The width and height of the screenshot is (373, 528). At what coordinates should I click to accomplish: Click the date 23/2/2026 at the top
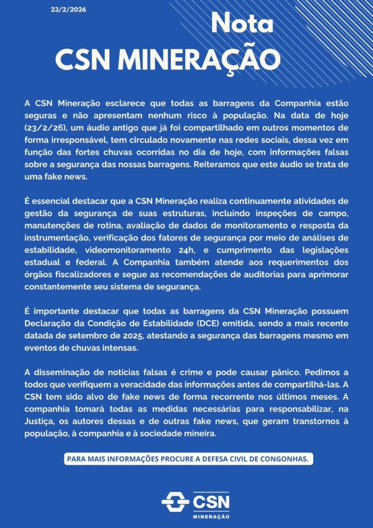pyautogui.click(x=66, y=10)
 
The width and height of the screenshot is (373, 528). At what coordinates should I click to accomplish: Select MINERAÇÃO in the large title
pyautogui.click(x=199, y=60)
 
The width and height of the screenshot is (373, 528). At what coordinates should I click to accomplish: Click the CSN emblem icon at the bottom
pyautogui.click(x=175, y=501)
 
